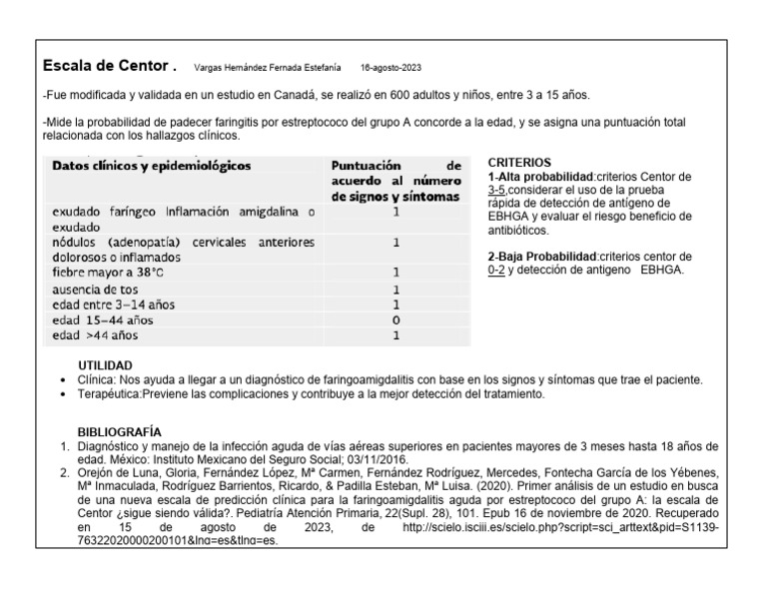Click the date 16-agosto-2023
390,69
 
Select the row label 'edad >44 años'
89,335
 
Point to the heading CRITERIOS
519,162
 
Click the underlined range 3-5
497,189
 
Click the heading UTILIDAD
105,366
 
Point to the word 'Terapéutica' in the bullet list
108,395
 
